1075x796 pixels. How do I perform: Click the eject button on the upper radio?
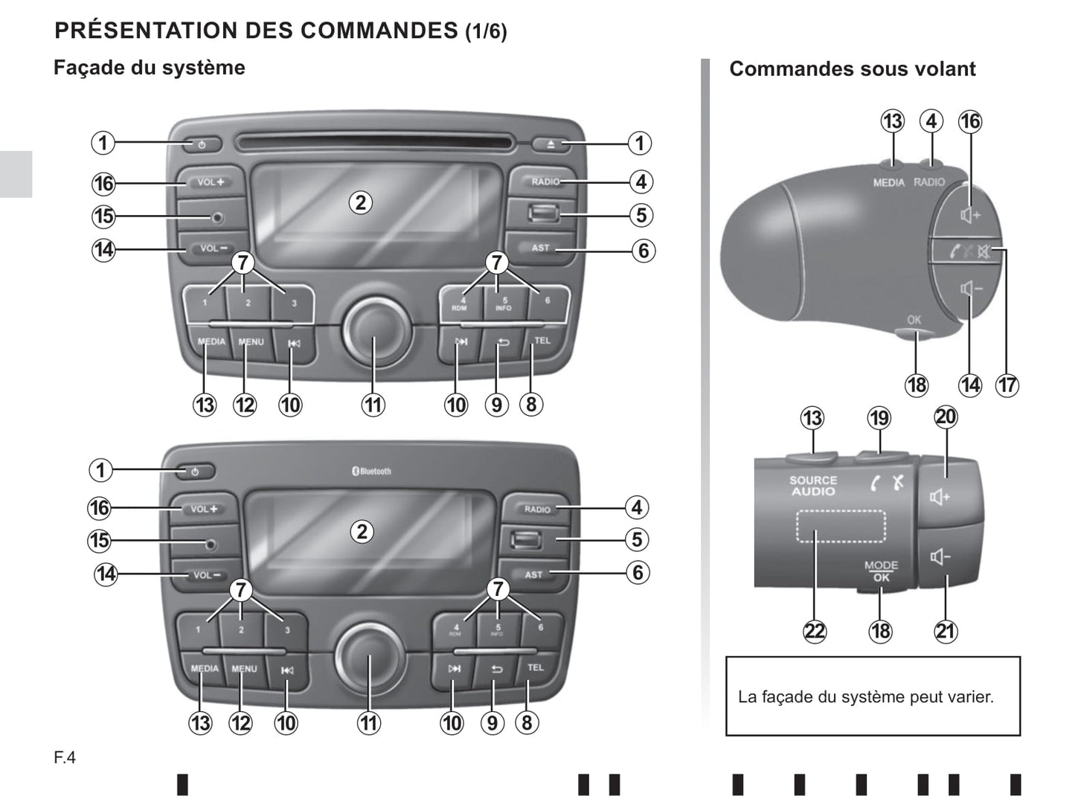551,144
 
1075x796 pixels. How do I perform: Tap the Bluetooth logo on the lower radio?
371,471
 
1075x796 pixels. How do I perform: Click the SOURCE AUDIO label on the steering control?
813,486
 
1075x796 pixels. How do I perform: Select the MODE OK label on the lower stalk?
881,571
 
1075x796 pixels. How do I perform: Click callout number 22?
815,632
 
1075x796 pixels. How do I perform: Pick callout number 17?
1007,385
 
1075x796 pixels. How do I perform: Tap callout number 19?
879,418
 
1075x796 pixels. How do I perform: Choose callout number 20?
946,417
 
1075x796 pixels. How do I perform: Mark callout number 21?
945,632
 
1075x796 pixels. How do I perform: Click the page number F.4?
65,758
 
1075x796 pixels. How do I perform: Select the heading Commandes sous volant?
852,69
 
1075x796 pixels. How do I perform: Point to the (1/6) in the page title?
486,32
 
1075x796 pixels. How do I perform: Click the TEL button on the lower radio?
536,668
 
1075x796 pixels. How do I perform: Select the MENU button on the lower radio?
244,669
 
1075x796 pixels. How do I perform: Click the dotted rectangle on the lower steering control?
841,526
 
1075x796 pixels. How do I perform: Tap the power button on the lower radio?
196,472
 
